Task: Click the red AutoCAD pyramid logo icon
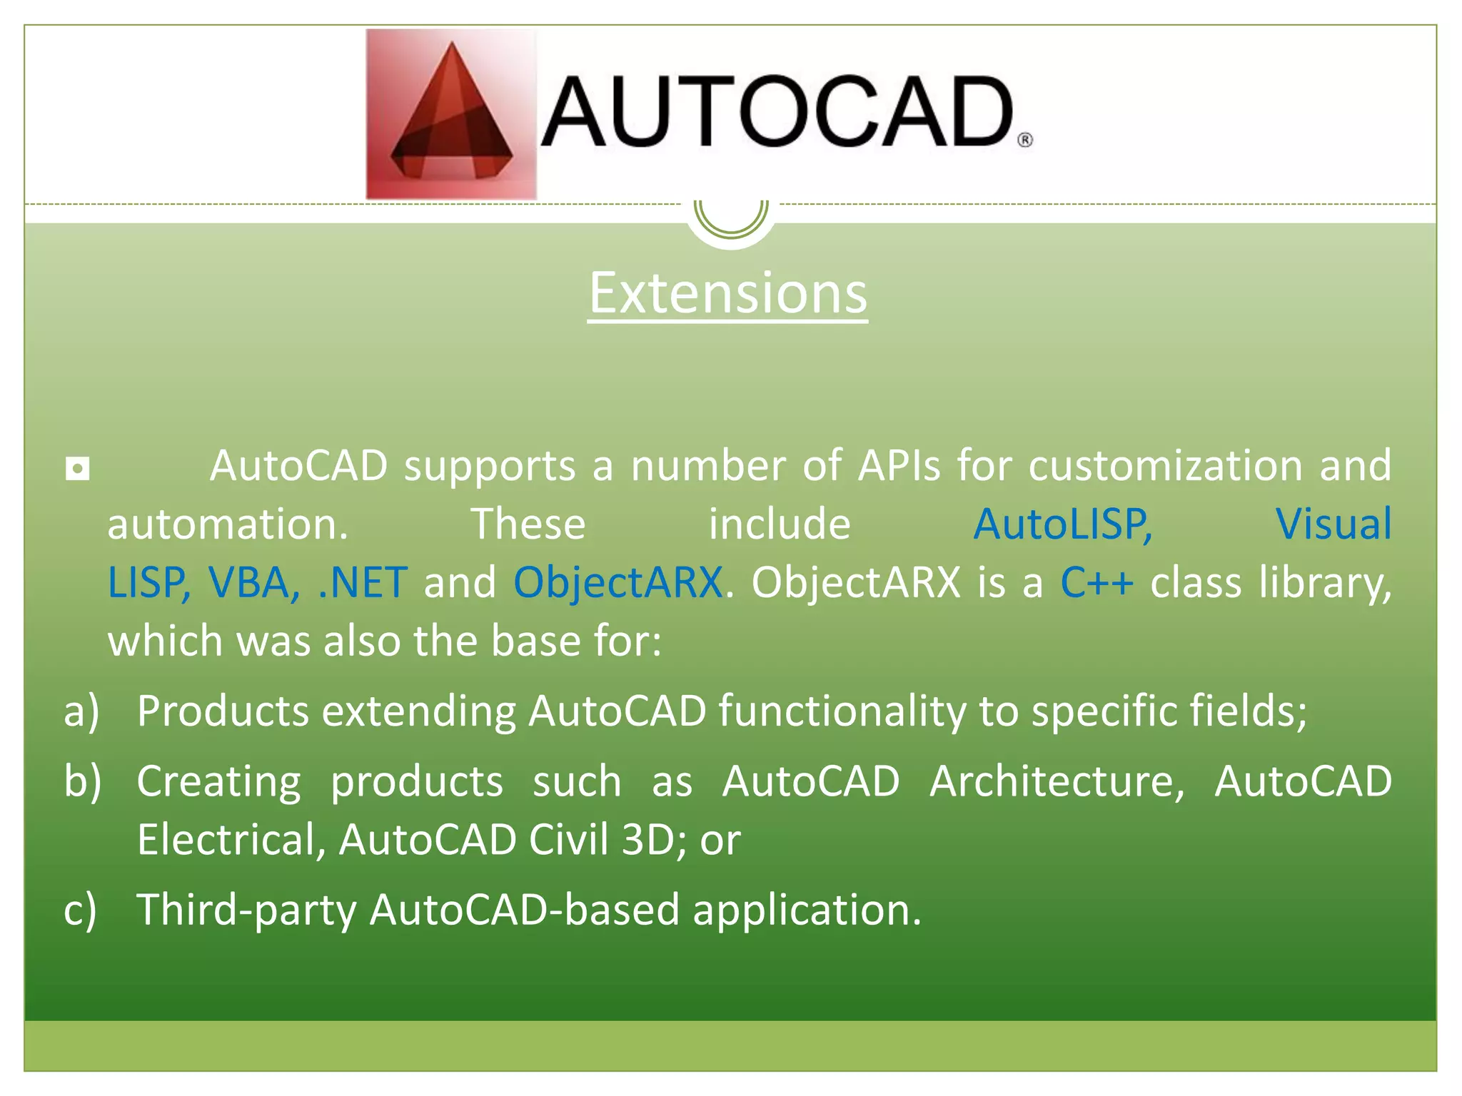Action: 451,114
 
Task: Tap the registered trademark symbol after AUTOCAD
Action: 1024,140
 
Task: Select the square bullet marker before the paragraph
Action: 77,469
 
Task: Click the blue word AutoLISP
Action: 1062,524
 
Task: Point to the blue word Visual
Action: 1333,524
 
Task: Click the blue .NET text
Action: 363,582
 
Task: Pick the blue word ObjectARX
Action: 617,582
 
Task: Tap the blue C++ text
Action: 1096,582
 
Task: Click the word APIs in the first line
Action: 899,465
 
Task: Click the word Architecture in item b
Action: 1057,781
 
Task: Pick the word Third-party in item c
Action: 246,910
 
